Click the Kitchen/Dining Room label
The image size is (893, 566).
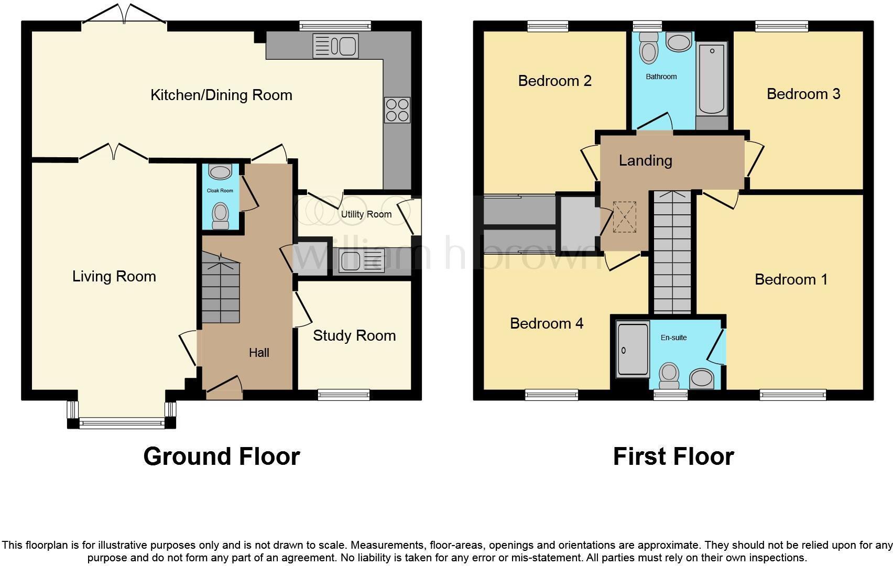point(221,95)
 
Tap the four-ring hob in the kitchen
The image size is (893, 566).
point(397,110)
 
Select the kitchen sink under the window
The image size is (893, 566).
point(335,46)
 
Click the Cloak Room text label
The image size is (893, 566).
point(220,191)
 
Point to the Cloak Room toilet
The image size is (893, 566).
point(221,215)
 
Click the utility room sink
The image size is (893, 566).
point(362,260)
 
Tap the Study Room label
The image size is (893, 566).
point(354,335)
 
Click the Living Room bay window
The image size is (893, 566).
point(122,422)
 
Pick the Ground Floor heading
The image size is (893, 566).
point(221,456)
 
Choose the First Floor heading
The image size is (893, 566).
point(673,456)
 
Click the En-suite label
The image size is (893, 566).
point(673,338)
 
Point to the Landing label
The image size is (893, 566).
point(645,160)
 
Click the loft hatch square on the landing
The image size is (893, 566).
point(625,217)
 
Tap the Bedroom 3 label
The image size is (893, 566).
point(803,94)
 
